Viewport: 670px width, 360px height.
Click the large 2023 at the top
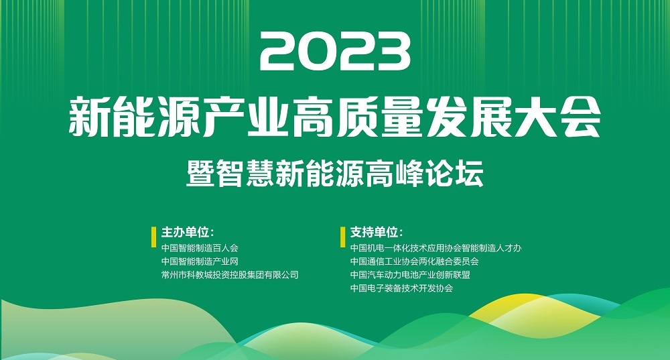click(335, 53)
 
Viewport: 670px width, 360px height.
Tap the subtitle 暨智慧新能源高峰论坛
click(335, 173)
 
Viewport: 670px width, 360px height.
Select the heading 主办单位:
click(187, 232)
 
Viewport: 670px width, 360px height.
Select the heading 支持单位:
click(377, 232)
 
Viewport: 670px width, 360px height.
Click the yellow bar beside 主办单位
click(154, 237)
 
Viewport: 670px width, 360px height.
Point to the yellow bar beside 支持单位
click(342, 237)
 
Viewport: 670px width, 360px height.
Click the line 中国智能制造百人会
click(200, 248)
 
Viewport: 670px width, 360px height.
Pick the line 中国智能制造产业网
click(200, 261)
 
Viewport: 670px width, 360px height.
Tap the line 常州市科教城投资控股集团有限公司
click(230, 275)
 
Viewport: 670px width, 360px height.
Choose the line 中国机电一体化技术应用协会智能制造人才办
click(436, 248)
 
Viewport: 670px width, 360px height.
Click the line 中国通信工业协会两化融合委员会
click(415, 261)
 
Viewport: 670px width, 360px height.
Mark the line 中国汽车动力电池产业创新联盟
click(410, 275)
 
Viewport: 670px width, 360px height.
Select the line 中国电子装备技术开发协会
click(401, 288)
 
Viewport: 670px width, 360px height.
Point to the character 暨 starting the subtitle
click(200, 173)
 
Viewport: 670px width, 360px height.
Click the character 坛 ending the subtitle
click(470, 173)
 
